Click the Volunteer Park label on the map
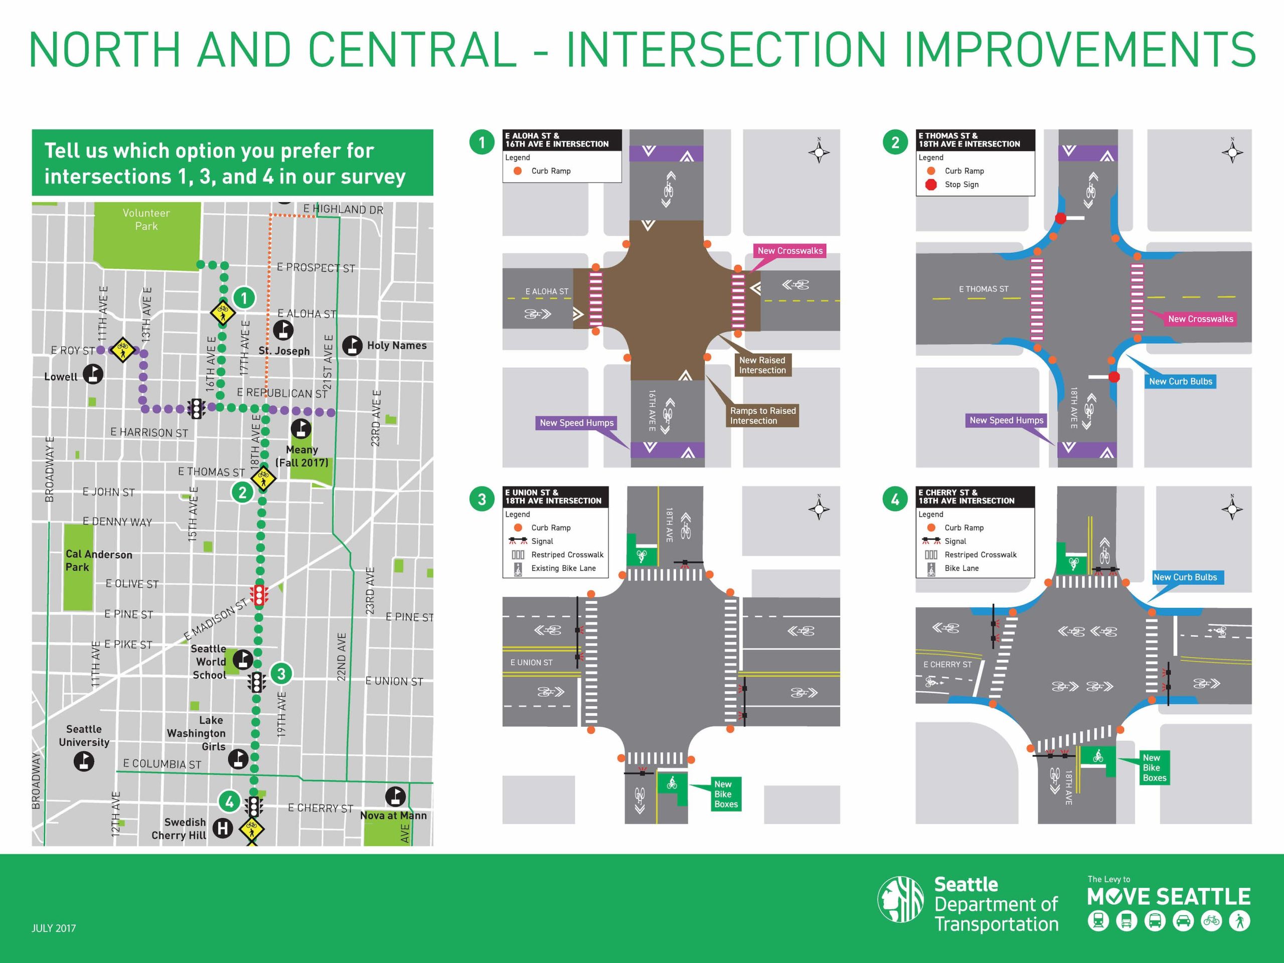146,219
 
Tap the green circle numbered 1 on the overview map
244,298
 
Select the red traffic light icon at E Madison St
259,594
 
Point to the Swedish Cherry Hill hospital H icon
223,828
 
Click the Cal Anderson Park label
99,561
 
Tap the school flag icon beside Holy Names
352,346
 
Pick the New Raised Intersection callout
762,365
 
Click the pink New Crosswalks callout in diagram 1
790,251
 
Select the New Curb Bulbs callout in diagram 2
1181,381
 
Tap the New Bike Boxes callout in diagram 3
726,794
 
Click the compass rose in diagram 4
1232,509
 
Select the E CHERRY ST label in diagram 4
947,665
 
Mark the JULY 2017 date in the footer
53,928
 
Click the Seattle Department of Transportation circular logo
900,899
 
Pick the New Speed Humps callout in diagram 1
576,423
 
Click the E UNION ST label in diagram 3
531,663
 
